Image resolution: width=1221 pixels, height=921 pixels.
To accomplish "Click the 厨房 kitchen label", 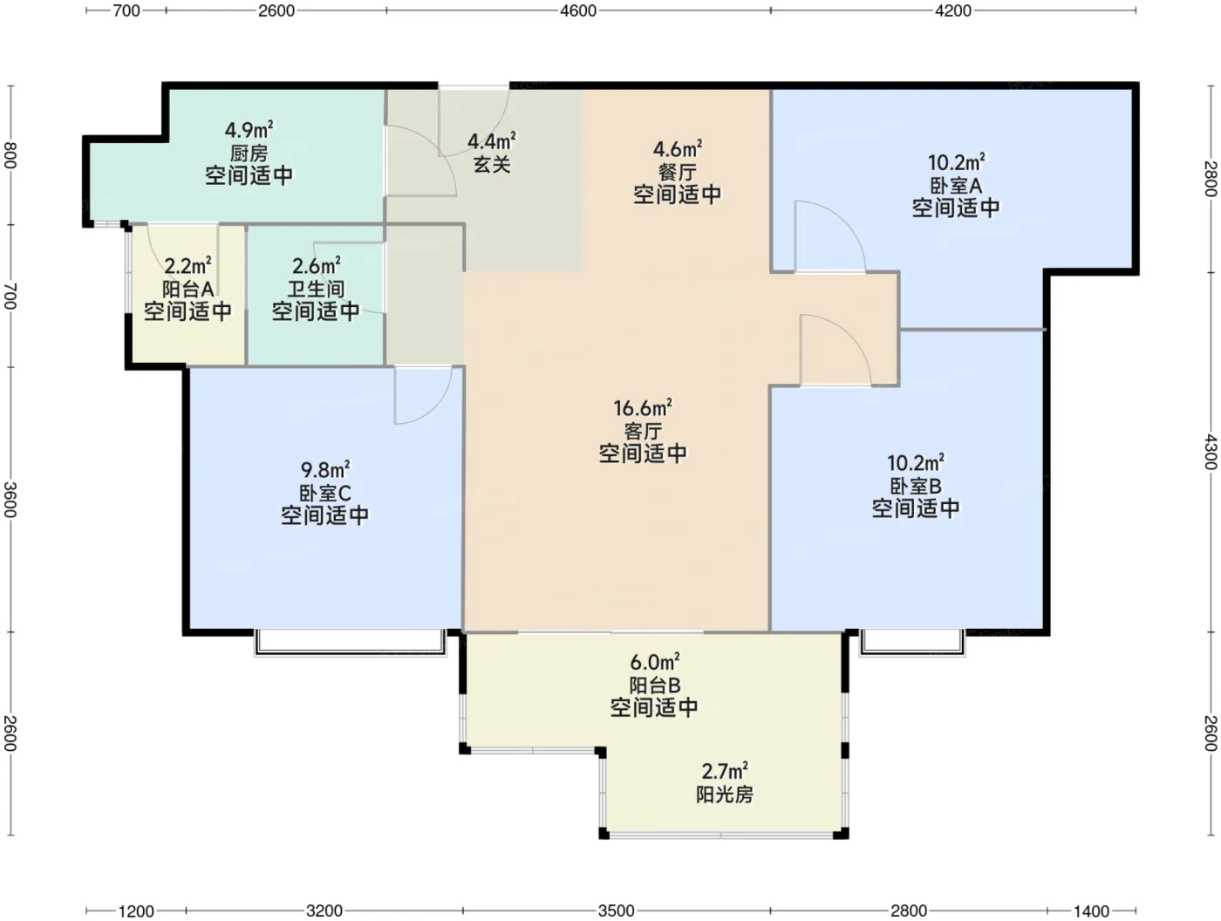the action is coord(249,153).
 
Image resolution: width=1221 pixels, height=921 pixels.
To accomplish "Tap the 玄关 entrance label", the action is coord(492,165).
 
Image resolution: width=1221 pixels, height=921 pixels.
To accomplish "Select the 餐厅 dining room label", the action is coord(677,173).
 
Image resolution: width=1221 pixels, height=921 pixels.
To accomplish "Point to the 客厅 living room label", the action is coord(643,432).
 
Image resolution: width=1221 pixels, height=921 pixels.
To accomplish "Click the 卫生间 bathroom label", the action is coord(316,290).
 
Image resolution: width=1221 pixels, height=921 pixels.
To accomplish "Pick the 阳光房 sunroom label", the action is coord(724,795).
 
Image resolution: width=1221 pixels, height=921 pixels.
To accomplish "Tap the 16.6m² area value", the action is coord(643,408).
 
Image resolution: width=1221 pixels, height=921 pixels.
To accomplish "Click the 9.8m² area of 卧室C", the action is coord(325,470).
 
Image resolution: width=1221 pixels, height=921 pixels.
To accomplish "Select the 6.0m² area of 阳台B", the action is coord(655,662).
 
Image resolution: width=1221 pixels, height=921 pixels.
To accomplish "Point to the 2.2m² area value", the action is coord(188,266).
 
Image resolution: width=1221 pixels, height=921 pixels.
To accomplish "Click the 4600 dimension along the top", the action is coord(578,10).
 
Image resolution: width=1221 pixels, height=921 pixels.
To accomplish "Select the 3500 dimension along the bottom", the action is coord(617,911).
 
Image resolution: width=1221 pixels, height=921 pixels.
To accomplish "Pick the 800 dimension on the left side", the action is coord(10,155).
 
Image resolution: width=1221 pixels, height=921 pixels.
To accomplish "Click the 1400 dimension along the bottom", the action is coord(1091,911).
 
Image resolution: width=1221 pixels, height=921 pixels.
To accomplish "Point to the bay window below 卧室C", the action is coord(351,643).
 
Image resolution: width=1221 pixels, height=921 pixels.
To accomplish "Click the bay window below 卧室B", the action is coord(912,643).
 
